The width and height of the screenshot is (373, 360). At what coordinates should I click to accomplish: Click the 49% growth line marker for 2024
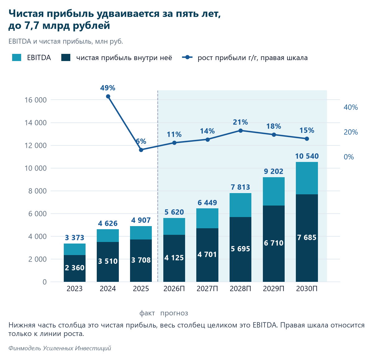(x=108, y=97)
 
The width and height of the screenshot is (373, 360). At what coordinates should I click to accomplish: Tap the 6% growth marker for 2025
(x=141, y=150)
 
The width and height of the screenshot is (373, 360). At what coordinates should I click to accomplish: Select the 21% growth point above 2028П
(x=240, y=131)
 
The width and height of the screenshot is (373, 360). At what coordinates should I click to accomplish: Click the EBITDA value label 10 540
(x=307, y=156)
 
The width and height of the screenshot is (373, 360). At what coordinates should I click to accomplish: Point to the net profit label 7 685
(x=307, y=238)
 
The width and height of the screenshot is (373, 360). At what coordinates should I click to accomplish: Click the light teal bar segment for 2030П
(x=307, y=178)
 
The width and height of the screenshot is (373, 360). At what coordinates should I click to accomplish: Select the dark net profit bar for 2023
(x=75, y=268)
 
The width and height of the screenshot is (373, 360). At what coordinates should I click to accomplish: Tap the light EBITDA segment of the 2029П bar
(x=274, y=192)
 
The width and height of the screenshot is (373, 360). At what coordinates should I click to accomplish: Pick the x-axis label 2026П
(x=174, y=289)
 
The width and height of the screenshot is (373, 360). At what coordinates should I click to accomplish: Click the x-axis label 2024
(x=108, y=289)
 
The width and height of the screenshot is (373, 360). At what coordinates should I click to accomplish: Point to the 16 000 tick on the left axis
(x=36, y=100)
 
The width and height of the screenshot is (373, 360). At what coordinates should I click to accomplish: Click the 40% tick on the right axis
(x=351, y=107)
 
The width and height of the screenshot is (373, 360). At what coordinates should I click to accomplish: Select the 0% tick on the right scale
(x=349, y=157)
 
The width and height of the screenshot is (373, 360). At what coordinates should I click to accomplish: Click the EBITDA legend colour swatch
(x=17, y=58)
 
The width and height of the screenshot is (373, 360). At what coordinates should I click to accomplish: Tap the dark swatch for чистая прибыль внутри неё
(x=66, y=58)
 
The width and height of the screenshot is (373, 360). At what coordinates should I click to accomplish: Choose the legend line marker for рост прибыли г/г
(x=187, y=57)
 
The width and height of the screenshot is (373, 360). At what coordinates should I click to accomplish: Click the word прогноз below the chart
(x=174, y=313)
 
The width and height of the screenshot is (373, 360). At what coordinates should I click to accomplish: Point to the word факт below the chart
(x=147, y=313)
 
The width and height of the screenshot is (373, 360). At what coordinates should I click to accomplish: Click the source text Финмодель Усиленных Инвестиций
(x=60, y=348)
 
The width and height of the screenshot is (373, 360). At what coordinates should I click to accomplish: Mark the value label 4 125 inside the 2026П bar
(x=174, y=258)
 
